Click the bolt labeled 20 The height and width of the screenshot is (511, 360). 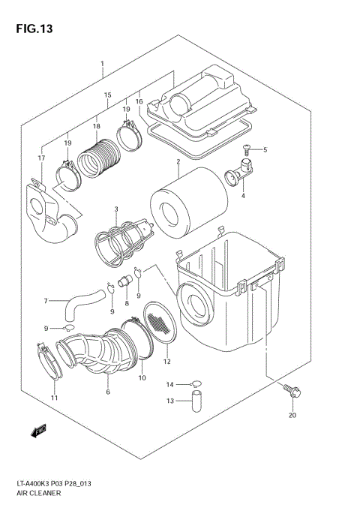tap(291, 390)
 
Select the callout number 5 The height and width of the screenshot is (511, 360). tap(264, 150)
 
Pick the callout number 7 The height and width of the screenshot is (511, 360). tap(45, 301)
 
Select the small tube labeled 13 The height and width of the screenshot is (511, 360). tap(198, 400)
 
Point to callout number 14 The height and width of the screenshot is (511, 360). tap(169, 384)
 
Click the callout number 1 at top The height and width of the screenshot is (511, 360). tap(102, 65)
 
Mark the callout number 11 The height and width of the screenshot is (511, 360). tap(53, 397)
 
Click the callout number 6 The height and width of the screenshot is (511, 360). tap(108, 392)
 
